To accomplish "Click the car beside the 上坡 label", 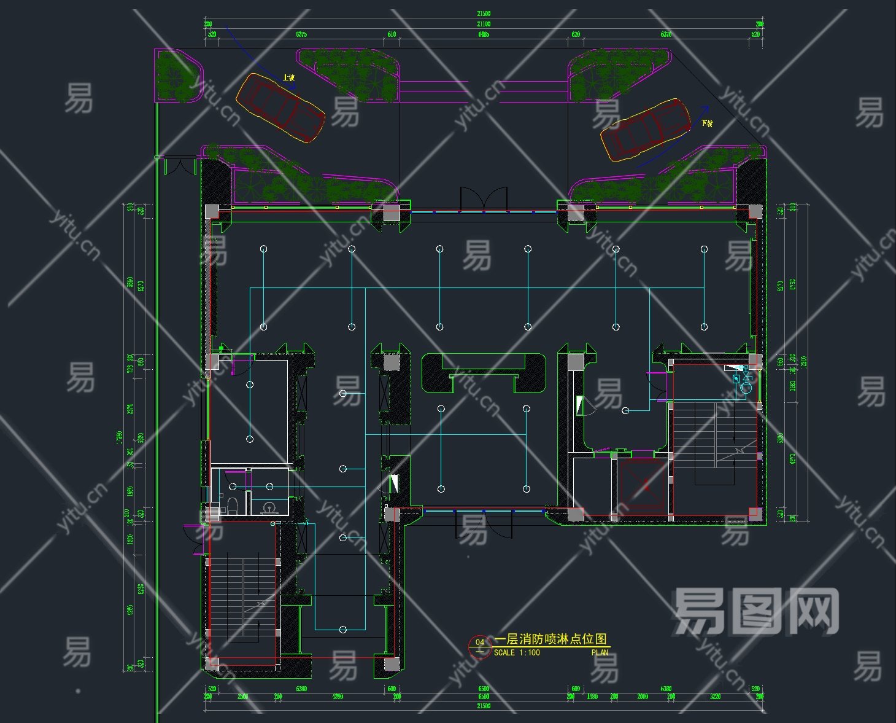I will (x=280, y=108).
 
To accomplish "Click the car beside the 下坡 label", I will (x=646, y=130).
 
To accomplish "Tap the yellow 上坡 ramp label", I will (x=288, y=78).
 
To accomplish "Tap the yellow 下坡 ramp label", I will (x=707, y=123).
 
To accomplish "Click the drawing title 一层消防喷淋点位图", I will (x=550, y=639).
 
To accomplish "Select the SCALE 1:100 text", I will (x=517, y=652).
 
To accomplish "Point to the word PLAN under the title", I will (x=600, y=652).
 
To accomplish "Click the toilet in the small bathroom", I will (x=232, y=506).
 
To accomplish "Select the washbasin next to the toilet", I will (x=268, y=507).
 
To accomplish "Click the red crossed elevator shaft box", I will (x=643, y=486).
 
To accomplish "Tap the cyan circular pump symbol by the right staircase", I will (x=746, y=387).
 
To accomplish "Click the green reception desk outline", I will (x=483, y=372).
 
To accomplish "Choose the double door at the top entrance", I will (x=484, y=199).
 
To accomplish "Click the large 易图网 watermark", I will (x=756, y=611).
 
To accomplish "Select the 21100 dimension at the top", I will (x=484, y=24).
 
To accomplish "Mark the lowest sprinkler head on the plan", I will (x=343, y=630).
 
